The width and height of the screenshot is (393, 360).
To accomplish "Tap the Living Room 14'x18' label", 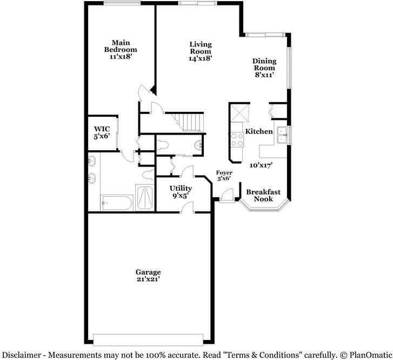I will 200,51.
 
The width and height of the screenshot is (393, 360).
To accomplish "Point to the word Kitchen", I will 259,131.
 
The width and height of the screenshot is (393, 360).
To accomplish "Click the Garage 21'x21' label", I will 148,276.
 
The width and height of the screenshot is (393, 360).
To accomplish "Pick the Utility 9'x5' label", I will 181,192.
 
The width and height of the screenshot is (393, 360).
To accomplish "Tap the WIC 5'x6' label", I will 102,132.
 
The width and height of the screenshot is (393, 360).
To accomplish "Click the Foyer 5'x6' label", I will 224,175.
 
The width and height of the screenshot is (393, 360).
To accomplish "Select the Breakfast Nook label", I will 263,195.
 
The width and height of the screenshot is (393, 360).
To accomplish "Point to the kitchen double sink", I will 282,134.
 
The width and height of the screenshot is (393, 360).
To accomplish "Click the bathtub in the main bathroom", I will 116,203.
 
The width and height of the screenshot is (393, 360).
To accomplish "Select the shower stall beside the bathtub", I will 144,197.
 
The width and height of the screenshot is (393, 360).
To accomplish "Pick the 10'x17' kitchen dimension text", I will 261,165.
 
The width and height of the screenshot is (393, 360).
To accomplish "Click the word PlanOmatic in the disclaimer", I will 368,355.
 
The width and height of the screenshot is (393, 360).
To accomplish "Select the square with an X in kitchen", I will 240,112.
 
